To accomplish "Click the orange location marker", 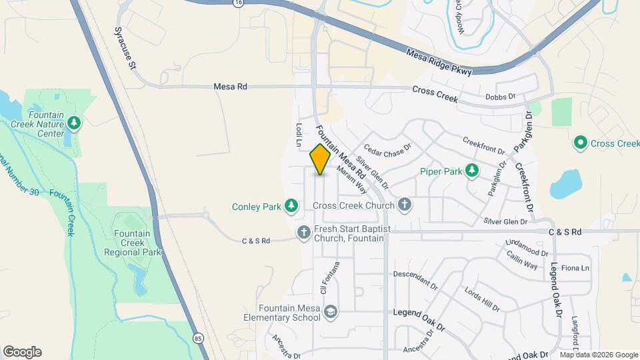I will (x=320, y=159).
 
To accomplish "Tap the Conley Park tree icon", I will (x=291, y=206).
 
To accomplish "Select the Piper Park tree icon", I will (x=472, y=171).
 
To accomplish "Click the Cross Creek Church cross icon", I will (x=405, y=205).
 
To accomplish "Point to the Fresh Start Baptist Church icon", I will (x=303, y=233).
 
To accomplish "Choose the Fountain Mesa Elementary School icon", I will (x=330, y=312).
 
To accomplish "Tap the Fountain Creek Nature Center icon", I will (x=75, y=123).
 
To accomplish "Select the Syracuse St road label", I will (x=125, y=48).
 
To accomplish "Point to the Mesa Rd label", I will (x=230, y=87).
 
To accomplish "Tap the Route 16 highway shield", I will (x=239, y=3).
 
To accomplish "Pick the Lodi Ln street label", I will (x=299, y=135).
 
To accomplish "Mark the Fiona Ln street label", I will (x=576, y=268).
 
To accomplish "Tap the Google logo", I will (x=22, y=352).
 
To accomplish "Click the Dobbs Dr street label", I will (x=501, y=97).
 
